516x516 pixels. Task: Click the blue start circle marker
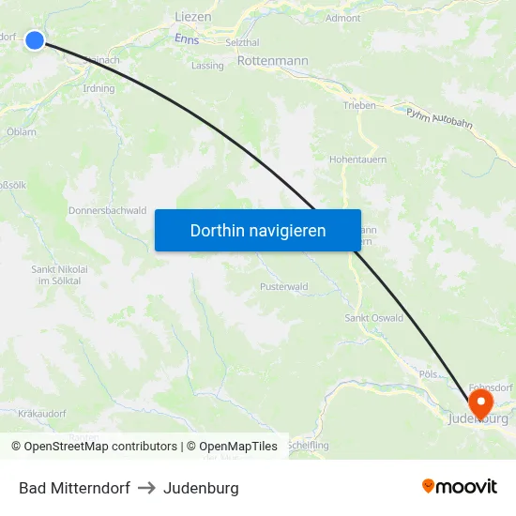[35, 39]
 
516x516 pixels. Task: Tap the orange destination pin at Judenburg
[480, 403]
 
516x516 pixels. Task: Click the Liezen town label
[193, 17]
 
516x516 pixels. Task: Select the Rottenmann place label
[273, 61]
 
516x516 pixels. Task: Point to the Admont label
[342, 18]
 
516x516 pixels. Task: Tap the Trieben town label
[359, 106]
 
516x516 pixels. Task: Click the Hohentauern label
[357, 159]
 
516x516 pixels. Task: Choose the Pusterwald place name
[283, 286]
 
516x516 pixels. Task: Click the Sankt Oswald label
[374, 318]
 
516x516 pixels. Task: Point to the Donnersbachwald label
[107, 211]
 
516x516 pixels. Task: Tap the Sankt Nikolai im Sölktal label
[59, 275]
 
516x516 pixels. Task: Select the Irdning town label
[99, 89]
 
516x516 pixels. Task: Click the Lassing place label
[207, 66]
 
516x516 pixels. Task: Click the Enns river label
[187, 38]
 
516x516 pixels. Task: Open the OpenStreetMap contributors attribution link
[94, 447]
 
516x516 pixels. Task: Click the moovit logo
[459, 487]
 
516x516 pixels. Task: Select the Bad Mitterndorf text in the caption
[74, 488]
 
